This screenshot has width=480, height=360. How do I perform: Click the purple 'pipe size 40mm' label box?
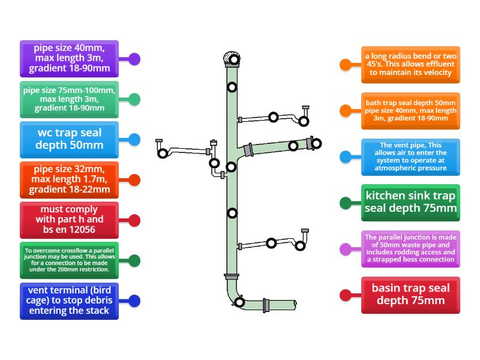pyautogui.click(x=69, y=59)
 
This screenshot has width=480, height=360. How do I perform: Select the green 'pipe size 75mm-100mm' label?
pyautogui.click(x=69, y=100)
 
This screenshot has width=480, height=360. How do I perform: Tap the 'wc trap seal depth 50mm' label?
pyautogui.click(x=69, y=139)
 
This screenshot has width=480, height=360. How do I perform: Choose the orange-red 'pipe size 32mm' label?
pyautogui.click(x=69, y=179)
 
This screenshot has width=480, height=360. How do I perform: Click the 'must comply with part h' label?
pyautogui.click(x=69, y=220)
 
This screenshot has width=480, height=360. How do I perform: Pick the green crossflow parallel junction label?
pyautogui.click(x=69, y=260)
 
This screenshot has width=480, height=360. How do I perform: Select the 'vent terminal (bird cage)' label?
pyautogui.click(x=69, y=301)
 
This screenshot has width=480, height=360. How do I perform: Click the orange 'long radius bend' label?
pyautogui.click(x=410, y=64)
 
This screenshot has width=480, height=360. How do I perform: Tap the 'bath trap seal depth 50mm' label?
pyautogui.click(x=410, y=110)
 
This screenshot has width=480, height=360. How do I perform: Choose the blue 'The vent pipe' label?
pyautogui.click(x=410, y=157)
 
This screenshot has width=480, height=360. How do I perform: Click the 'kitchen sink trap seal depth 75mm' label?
pyautogui.click(x=410, y=202)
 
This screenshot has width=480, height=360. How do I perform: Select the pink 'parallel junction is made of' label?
pyautogui.click(x=410, y=249)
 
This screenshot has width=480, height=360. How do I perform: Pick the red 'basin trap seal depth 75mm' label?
pyautogui.click(x=410, y=295)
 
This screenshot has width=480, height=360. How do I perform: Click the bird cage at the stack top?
pyautogui.click(x=231, y=58)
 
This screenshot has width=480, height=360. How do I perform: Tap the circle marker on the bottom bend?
pyautogui.click(x=239, y=302)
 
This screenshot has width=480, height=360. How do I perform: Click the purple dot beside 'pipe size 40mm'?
pyautogui.click(x=135, y=59)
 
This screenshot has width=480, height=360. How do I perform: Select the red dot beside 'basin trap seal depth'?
pyautogui.click(x=345, y=295)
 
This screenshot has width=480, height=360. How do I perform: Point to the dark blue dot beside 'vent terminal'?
pyautogui.click(x=135, y=301)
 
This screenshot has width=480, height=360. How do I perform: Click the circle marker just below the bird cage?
pyautogui.click(x=232, y=88)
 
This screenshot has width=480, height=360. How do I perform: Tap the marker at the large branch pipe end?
pyautogui.click(x=316, y=143)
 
